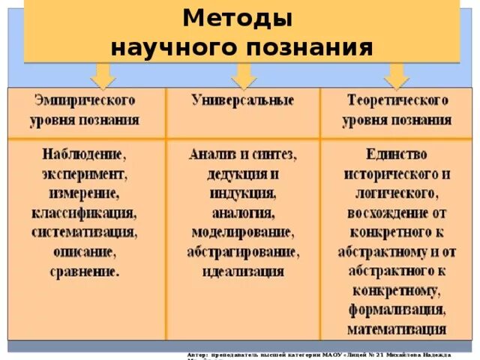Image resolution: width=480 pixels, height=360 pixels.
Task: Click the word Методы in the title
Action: click(238, 17)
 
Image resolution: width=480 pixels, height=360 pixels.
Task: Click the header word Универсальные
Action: click(242, 100)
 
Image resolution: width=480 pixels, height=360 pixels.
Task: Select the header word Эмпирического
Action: click(85, 100)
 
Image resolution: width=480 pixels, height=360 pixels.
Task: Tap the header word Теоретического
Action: click(397, 100)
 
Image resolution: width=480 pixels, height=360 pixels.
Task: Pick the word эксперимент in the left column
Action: click(84, 173)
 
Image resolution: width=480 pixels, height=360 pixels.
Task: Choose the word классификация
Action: click(84, 212)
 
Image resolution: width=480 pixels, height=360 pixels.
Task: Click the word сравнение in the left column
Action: click(84, 271)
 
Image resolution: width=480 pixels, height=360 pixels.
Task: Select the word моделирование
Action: click(241, 232)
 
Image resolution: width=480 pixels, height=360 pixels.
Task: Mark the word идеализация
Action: click(241, 271)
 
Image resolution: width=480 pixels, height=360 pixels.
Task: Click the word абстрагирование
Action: click(241, 251)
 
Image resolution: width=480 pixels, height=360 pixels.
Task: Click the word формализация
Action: click(397, 310)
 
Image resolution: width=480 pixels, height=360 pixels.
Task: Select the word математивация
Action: click(397, 329)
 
